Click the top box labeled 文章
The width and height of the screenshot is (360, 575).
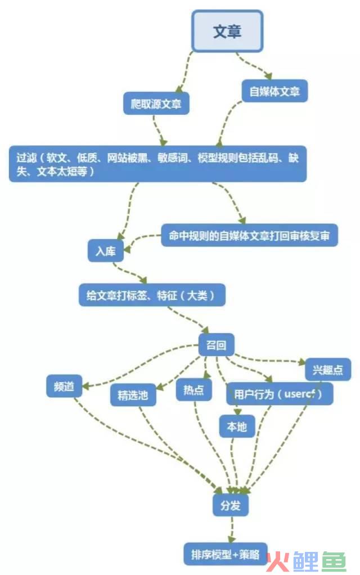[227, 31]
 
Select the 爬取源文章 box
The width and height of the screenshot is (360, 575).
[156, 104]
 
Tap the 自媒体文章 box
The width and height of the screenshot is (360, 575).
[274, 91]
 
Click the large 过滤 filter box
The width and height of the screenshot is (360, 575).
[157, 164]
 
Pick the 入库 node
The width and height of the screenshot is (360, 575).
[106, 251]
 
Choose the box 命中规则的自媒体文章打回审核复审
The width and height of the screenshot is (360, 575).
[249, 235]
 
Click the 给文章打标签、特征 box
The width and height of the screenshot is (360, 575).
[152, 295]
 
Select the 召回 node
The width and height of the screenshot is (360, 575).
[217, 345]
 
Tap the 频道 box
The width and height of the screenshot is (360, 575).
[64, 386]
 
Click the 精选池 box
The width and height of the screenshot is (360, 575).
[133, 395]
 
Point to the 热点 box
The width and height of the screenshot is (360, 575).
[193, 389]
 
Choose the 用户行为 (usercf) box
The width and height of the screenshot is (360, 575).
[280, 394]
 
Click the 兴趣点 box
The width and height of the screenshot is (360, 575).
[328, 369]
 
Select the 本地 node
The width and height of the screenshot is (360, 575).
[237, 426]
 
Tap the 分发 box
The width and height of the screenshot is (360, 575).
[231, 505]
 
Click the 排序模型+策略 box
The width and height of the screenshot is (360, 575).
[225, 554]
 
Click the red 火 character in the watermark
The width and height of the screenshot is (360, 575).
[278, 561]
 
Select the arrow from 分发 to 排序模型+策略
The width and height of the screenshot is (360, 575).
[231, 529]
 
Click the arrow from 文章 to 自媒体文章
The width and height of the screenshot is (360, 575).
[253, 66]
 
